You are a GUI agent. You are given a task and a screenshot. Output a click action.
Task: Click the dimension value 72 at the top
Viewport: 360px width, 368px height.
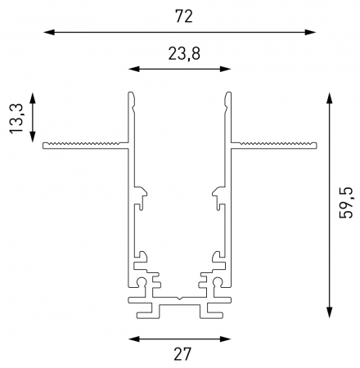pos(180,14)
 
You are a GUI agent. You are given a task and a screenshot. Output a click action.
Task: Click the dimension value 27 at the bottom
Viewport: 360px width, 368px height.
pos(180,354)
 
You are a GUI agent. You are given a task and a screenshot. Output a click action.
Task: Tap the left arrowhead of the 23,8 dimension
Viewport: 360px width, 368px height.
pos(133,70)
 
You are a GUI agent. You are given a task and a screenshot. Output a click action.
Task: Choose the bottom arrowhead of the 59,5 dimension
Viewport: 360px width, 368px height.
pos(328,314)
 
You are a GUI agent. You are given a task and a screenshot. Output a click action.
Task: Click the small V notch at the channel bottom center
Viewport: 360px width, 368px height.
pos(179,295)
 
